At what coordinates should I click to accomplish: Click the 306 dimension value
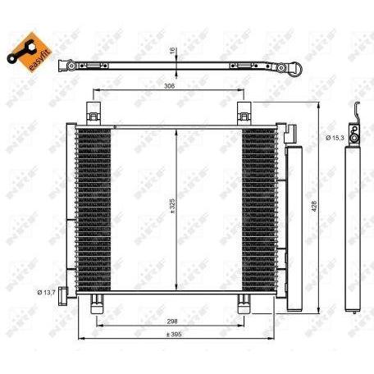point(169,85)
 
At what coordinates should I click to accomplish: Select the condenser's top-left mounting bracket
point(92,112)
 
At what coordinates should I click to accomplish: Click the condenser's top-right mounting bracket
point(244,112)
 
